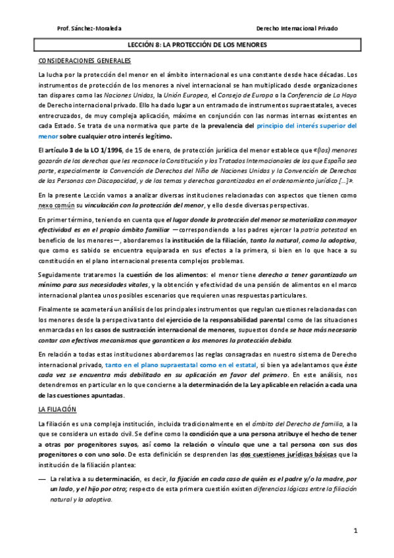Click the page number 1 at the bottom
pos(355,530)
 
